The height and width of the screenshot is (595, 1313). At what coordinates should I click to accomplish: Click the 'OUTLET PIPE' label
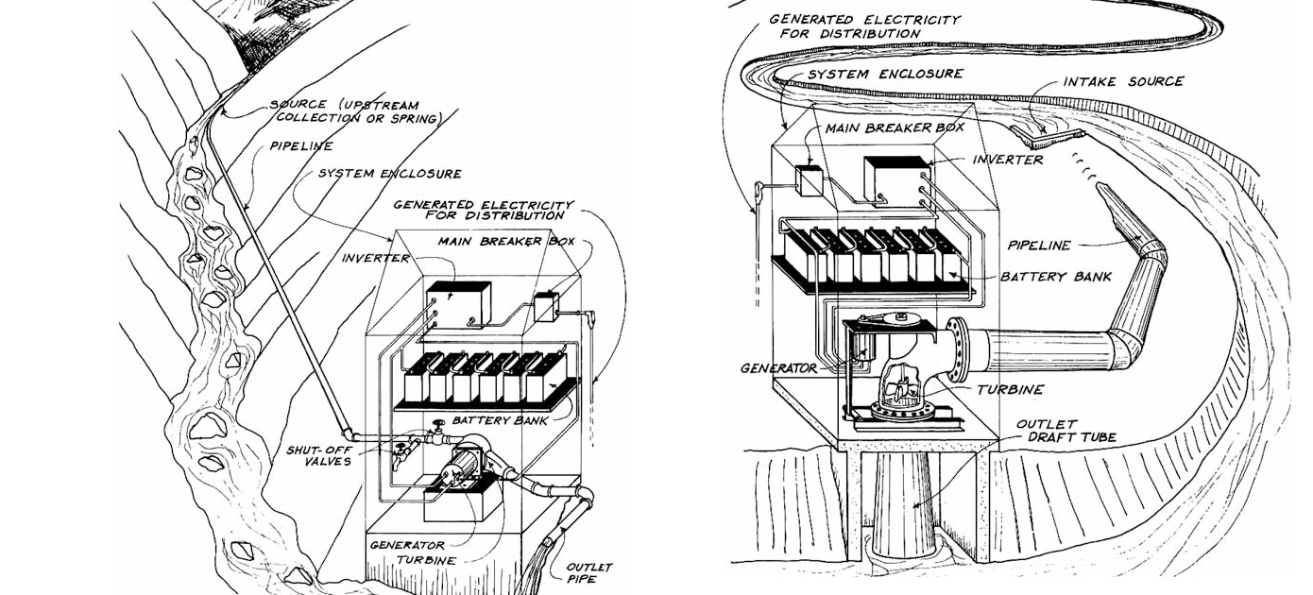589,572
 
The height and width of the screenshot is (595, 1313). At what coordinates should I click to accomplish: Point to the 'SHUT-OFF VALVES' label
318,455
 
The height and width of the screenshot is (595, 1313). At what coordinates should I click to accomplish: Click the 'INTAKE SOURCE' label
1123,82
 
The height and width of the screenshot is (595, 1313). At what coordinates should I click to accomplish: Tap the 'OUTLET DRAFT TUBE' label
1053,431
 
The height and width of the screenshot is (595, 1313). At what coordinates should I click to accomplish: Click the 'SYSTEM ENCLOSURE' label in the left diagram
389,174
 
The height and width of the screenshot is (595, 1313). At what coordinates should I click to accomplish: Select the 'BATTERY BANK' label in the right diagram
1055,277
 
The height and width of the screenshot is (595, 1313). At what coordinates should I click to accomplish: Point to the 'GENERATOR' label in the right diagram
779,368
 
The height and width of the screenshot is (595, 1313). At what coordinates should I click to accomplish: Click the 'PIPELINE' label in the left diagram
299,146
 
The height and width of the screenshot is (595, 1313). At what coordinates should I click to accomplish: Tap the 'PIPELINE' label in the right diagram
1039,246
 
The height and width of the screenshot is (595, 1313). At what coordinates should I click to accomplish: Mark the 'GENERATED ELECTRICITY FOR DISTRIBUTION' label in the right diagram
864,26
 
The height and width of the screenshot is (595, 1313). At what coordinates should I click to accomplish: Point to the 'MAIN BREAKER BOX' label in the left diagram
505,241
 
